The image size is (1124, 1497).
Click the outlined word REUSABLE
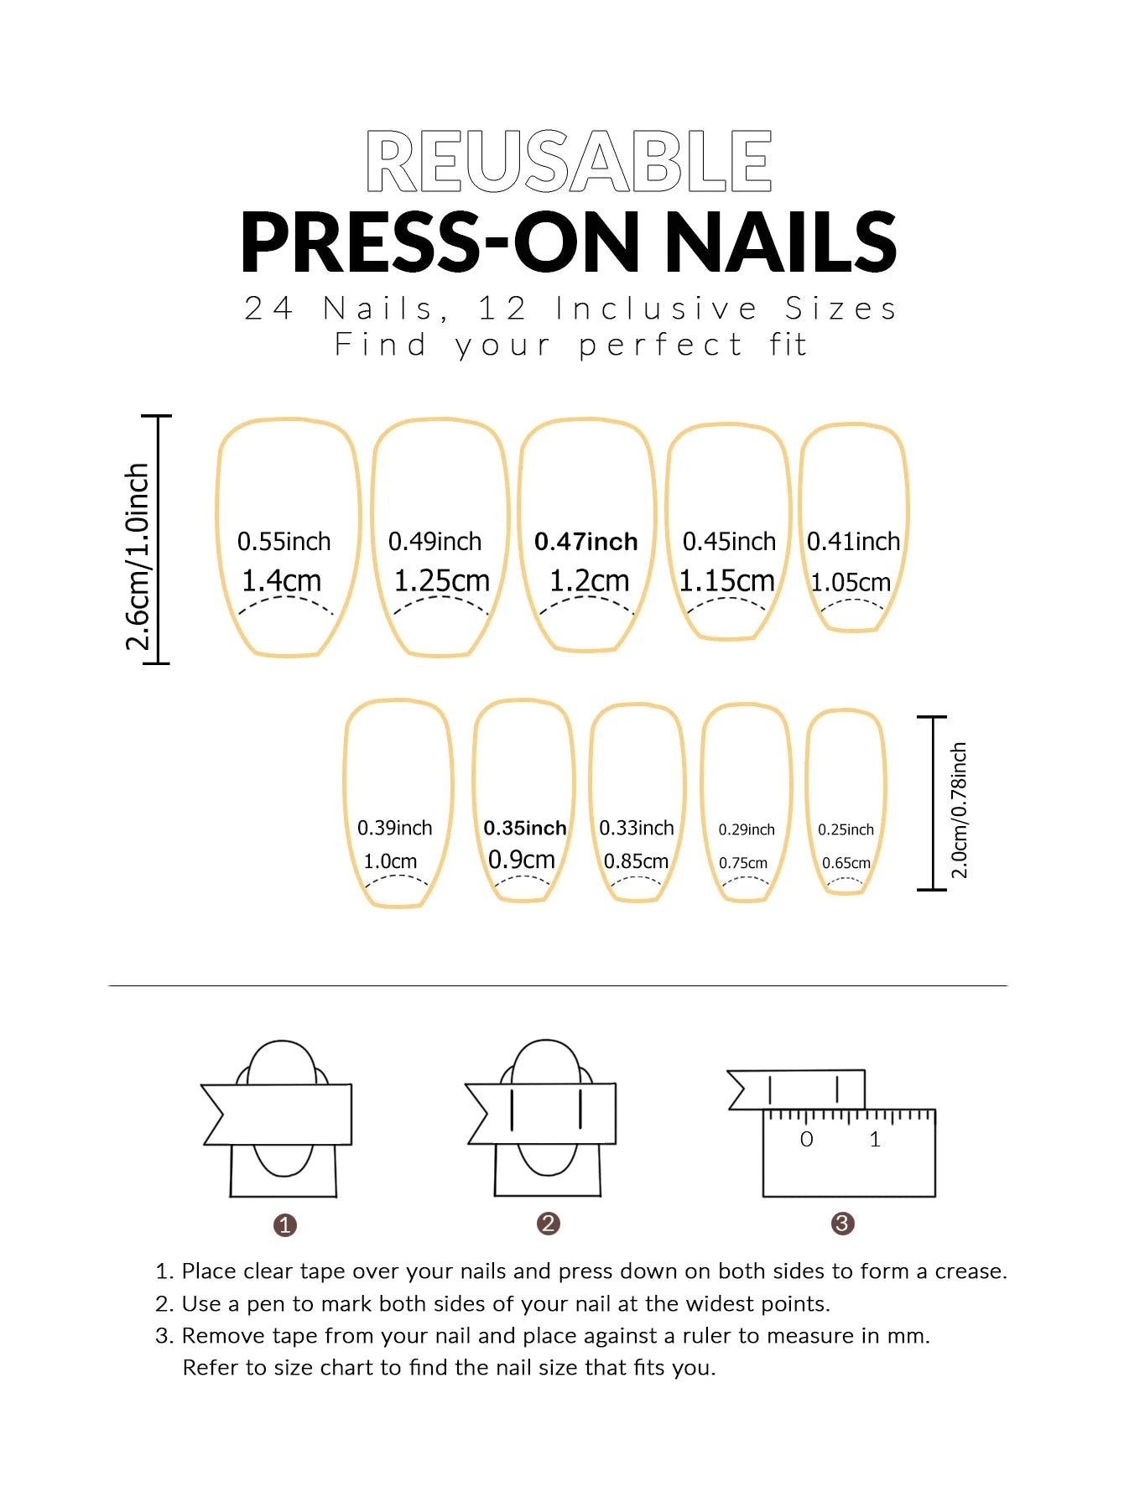pyautogui.click(x=569, y=161)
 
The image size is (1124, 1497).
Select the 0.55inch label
pyautogui.click(x=284, y=542)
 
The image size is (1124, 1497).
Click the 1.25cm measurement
pyautogui.click(x=441, y=580)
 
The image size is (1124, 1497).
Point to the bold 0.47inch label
pyautogui.click(x=585, y=542)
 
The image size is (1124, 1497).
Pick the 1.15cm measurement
pyautogui.click(x=726, y=580)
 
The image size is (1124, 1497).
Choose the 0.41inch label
pyautogui.click(x=853, y=542)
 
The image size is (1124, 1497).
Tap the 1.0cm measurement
pyautogui.click(x=390, y=861)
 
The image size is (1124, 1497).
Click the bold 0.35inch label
pyautogui.click(x=525, y=829)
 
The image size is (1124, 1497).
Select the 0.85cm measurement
pyautogui.click(x=636, y=861)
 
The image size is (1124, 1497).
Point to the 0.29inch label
pyautogui.click(x=747, y=829)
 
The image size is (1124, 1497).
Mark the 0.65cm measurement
pyautogui.click(x=846, y=863)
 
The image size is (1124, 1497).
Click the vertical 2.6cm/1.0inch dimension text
pyautogui.click(x=138, y=557)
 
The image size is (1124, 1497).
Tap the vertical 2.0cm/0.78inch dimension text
pyautogui.click(x=959, y=810)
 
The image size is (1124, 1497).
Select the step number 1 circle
pyautogui.click(x=285, y=1225)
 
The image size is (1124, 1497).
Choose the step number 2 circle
pyautogui.click(x=548, y=1224)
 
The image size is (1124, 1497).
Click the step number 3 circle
pyautogui.click(x=842, y=1224)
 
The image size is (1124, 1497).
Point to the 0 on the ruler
pyautogui.click(x=806, y=1140)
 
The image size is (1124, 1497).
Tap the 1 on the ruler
pyautogui.click(x=875, y=1140)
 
